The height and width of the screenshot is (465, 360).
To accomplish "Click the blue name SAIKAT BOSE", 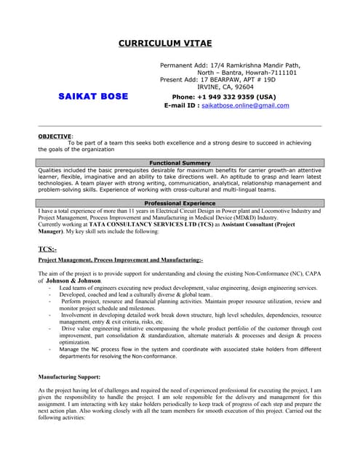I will point(93,97).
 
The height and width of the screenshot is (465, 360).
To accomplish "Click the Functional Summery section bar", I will point(180,163).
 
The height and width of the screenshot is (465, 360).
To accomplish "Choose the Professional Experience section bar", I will point(180,203).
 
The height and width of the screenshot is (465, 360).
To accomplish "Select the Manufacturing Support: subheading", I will point(69,377).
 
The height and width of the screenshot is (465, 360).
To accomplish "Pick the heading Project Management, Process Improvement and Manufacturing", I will point(120,259).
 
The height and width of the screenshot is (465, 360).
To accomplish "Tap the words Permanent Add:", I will point(185,65).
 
